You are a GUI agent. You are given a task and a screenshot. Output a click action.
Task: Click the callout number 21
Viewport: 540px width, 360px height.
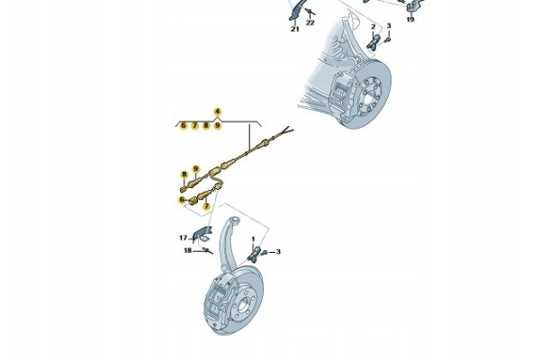click(x=295, y=30)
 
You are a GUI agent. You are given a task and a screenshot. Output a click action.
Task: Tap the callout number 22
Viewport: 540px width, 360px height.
click(x=310, y=22)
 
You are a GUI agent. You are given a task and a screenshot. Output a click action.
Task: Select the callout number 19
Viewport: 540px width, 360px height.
click(x=410, y=19)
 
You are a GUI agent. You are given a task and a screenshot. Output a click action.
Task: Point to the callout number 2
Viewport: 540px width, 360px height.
click(x=373, y=26)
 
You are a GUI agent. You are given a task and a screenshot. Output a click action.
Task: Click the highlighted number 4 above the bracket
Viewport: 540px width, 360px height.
click(x=217, y=112)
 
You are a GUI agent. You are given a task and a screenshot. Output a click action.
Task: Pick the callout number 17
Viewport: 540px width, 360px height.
click(x=184, y=238)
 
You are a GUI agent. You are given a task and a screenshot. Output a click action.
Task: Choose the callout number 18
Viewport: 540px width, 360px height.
click(x=188, y=250)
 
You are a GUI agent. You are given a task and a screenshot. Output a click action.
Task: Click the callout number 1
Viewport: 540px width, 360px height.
click(x=254, y=238)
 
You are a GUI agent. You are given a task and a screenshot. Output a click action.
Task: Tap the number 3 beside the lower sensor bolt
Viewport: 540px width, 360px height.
click(x=278, y=252)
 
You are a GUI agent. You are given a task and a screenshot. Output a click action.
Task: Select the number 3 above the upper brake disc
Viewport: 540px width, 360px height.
click(x=389, y=26)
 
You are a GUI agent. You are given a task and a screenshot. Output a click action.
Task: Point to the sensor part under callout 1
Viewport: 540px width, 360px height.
click(x=255, y=254)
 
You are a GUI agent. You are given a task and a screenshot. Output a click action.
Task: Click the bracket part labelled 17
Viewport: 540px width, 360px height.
click(x=202, y=233)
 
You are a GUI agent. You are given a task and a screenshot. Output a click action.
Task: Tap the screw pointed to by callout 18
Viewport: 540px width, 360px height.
click(x=208, y=250)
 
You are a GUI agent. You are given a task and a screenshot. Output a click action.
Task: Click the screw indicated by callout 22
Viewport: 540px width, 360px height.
click(x=311, y=13)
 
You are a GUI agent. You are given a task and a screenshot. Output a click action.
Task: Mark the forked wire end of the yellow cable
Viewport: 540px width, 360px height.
click(x=286, y=130)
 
